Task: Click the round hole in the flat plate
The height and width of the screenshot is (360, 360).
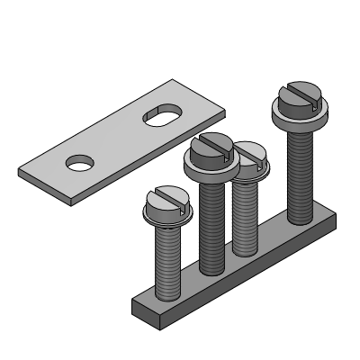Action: (80, 162)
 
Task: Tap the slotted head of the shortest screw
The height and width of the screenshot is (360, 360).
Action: (164, 200)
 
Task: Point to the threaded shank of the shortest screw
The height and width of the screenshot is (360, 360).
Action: (168, 261)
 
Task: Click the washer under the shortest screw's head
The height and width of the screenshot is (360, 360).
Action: (166, 217)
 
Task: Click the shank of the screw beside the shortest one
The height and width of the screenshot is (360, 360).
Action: (211, 225)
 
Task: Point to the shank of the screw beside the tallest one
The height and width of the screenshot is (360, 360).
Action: (245, 216)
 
